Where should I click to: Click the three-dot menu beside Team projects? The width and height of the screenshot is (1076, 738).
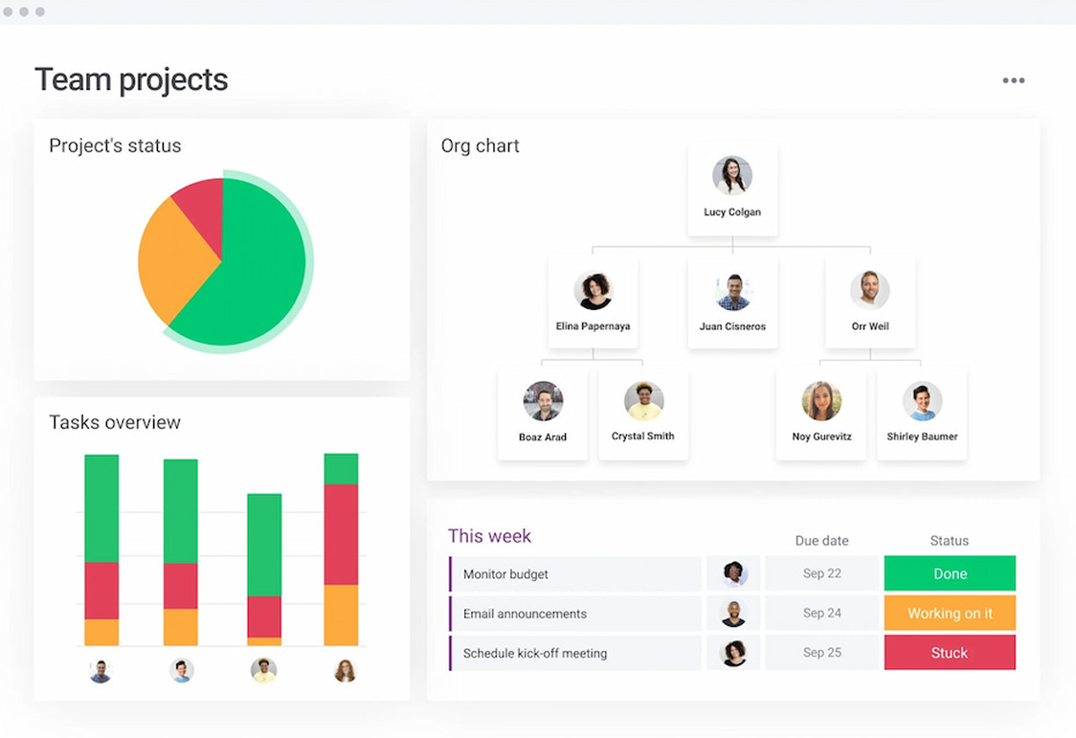coord(1013,80)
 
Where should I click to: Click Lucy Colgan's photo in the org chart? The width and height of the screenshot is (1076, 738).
coord(732,176)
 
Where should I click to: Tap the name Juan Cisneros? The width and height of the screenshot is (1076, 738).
coord(732,326)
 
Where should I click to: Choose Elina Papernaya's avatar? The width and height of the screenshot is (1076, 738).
coord(594,290)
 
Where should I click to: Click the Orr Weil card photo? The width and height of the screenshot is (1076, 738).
coord(870,290)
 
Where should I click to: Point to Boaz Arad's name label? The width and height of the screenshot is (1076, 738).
coord(543,437)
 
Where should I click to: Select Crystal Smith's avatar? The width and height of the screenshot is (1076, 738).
coord(643,401)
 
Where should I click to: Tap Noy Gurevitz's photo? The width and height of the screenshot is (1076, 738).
coord(821,401)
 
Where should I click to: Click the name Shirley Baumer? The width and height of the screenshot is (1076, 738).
coord(922,436)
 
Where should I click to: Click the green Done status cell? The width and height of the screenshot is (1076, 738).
coord(950,573)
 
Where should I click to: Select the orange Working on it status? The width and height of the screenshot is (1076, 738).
coord(950,614)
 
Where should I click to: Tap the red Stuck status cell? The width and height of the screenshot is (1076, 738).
coord(950,653)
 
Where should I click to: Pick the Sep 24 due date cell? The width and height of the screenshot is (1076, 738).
coord(822,614)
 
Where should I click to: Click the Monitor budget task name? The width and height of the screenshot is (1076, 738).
coord(505,574)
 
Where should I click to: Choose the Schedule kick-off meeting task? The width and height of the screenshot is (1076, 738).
coord(535,654)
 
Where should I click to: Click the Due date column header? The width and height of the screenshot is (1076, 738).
coord(821,541)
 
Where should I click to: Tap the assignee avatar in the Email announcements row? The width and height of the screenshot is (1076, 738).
coord(733,614)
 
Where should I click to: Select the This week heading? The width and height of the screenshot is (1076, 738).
coord(489,536)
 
